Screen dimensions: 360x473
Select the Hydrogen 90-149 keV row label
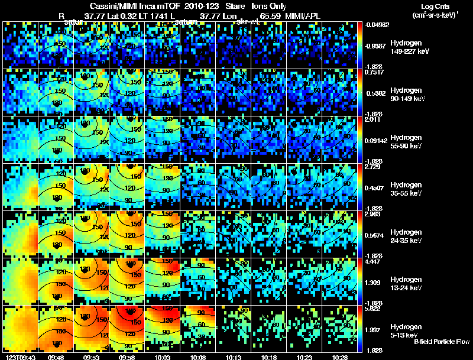tap(409, 95)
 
